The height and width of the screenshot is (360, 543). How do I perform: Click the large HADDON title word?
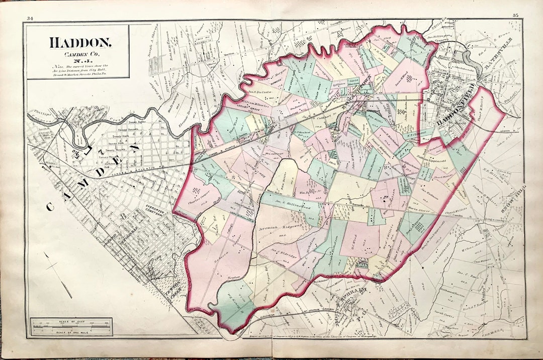pyautogui.click(x=80, y=42)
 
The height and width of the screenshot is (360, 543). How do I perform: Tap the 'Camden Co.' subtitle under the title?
pyautogui.click(x=79, y=54)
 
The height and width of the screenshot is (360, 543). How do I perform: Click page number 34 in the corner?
pyautogui.click(x=30, y=18)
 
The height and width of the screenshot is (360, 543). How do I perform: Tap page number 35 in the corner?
pyautogui.click(x=515, y=16)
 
